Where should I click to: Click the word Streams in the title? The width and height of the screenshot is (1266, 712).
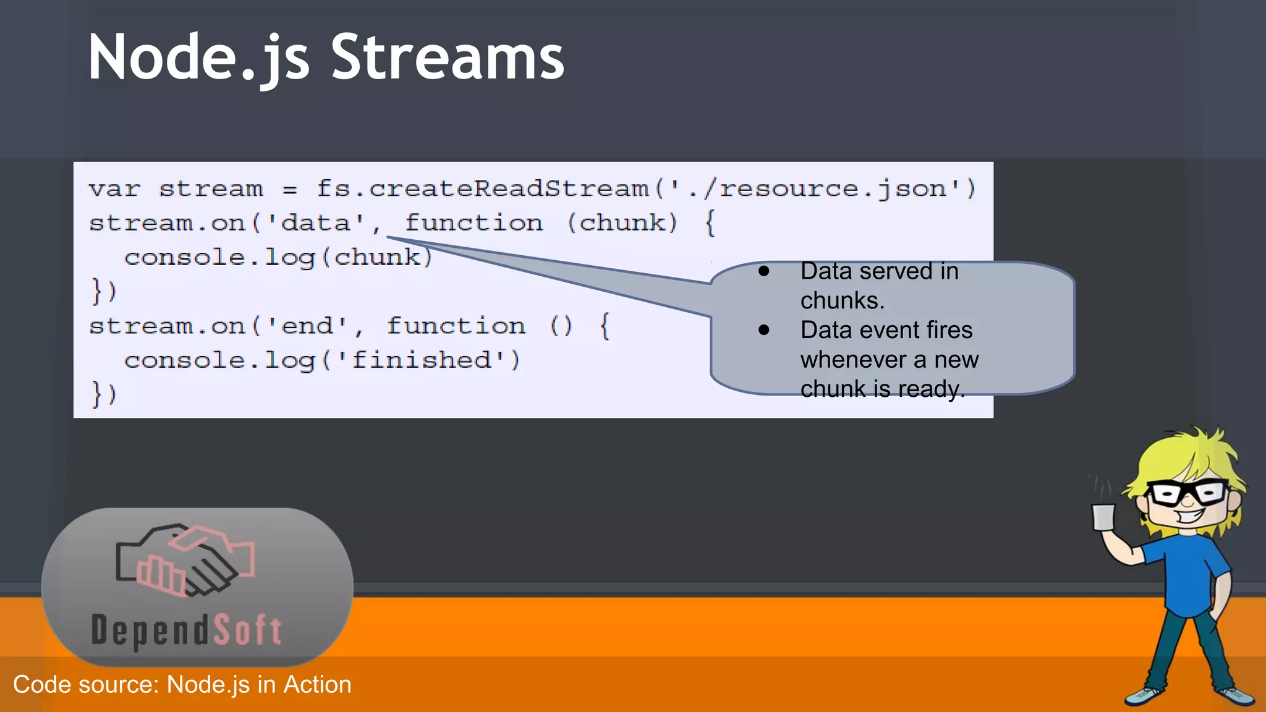tap(448, 57)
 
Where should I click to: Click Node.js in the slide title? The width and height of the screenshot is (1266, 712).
tap(198, 57)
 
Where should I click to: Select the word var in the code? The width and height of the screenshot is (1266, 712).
tap(115, 189)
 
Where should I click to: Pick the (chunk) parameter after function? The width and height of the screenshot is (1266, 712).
tap(622, 222)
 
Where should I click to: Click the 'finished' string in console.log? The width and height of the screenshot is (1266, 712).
tap(422, 360)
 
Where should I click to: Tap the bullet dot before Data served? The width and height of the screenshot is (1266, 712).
tap(764, 271)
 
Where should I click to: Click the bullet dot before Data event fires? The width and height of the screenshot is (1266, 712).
tap(764, 330)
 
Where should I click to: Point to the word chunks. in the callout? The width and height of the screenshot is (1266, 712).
tap(842, 300)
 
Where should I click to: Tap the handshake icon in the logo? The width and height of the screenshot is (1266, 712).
tap(185, 560)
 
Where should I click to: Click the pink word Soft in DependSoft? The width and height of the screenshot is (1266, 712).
tap(248, 630)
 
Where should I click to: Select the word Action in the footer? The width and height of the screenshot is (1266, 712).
tap(317, 685)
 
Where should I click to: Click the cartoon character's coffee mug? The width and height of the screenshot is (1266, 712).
tap(1103, 517)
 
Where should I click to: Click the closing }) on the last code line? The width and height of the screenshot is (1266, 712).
tap(104, 394)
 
